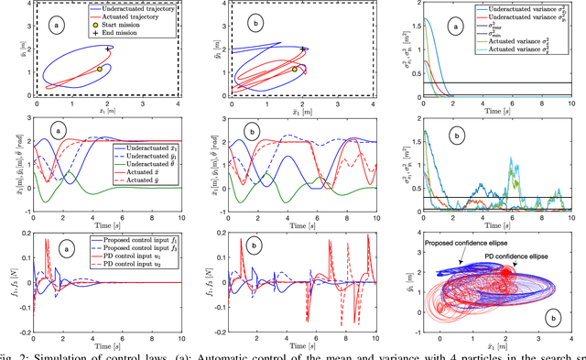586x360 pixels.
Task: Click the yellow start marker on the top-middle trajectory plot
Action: pyautogui.click(x=294, y=69)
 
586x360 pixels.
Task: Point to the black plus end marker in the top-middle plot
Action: pyautogui.click(x=303, y=49)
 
